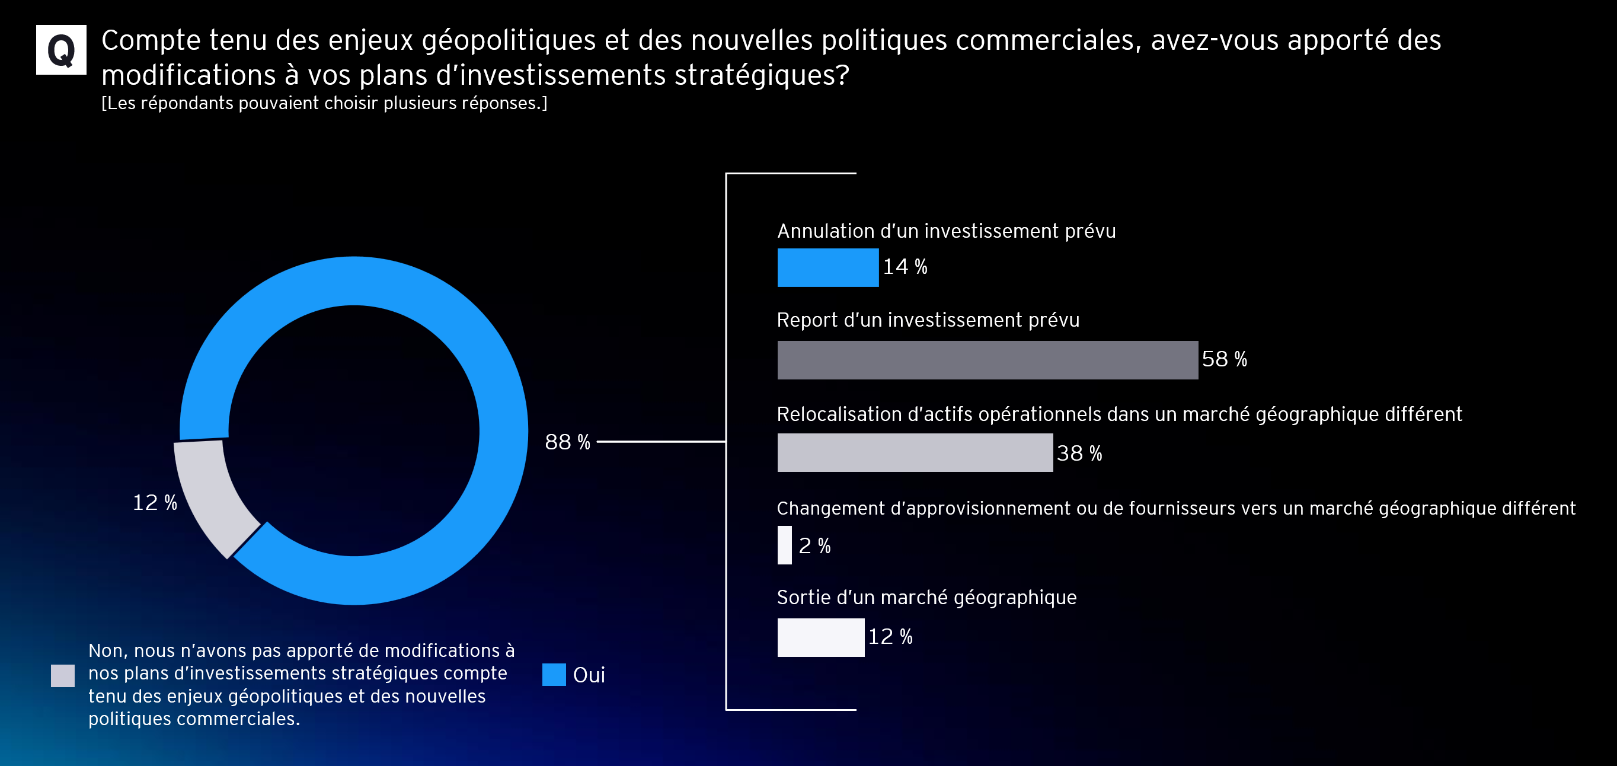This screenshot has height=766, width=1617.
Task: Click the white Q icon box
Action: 61,50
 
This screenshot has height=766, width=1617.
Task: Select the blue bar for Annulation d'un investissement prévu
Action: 827,267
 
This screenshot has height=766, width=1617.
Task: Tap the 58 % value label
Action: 1224,359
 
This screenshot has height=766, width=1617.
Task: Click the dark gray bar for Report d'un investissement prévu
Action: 987,360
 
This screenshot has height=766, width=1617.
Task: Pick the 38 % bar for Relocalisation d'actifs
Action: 915,453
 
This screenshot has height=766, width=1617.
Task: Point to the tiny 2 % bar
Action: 785,545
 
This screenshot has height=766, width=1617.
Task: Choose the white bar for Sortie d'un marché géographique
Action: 820,637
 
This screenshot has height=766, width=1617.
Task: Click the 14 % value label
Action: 905,267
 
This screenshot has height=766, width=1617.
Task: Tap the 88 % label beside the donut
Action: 567,442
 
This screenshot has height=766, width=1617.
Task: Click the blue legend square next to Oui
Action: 554,674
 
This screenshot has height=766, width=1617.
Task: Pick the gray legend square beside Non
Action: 63,676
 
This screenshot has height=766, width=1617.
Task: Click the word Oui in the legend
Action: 589,675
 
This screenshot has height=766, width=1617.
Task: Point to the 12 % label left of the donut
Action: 155,502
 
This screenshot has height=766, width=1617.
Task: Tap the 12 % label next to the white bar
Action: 890,637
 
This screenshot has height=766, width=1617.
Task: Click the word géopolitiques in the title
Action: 509,41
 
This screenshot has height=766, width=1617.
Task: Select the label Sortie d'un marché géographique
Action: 926,597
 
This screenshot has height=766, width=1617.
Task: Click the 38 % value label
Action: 1079,454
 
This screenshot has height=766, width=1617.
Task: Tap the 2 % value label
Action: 814,545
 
